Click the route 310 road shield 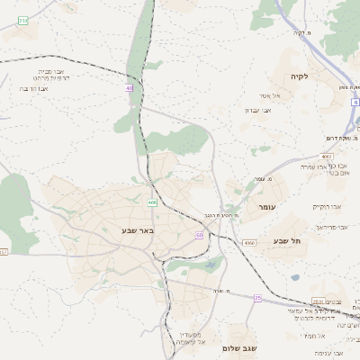[x=22, y=19]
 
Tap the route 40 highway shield [x=130, y=88]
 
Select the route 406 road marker [x=152, y=202]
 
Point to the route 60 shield [x=199, y=234]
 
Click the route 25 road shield [x=257, y=297]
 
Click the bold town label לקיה [x=300, y=76]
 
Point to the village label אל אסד [x=271, y=95]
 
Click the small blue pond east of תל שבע [x=295, y=277]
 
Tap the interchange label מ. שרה [x=223, y=290]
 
